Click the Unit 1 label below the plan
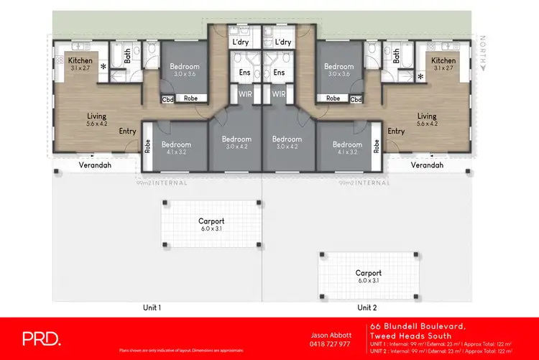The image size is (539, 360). tap(151, 308)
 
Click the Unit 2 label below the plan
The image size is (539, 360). tap(367, 308)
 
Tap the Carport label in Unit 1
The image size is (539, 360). tap(211, 221)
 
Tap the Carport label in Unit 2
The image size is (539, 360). tap(368, 273)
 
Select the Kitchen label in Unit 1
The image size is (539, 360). tap(80, 61)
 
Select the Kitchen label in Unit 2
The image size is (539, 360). tap(443, 61)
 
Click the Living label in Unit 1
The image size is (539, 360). tap(96, 116)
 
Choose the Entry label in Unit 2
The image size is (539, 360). tap(396, 131)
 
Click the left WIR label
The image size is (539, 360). tap(244, 94)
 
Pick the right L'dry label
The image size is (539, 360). tap(283, 42)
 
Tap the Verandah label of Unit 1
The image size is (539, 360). tap(93, 165)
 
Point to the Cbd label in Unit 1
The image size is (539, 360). tap(168, 99)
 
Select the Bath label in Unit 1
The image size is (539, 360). tap(127, 56)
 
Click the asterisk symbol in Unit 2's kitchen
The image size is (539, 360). tap(420, 75)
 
